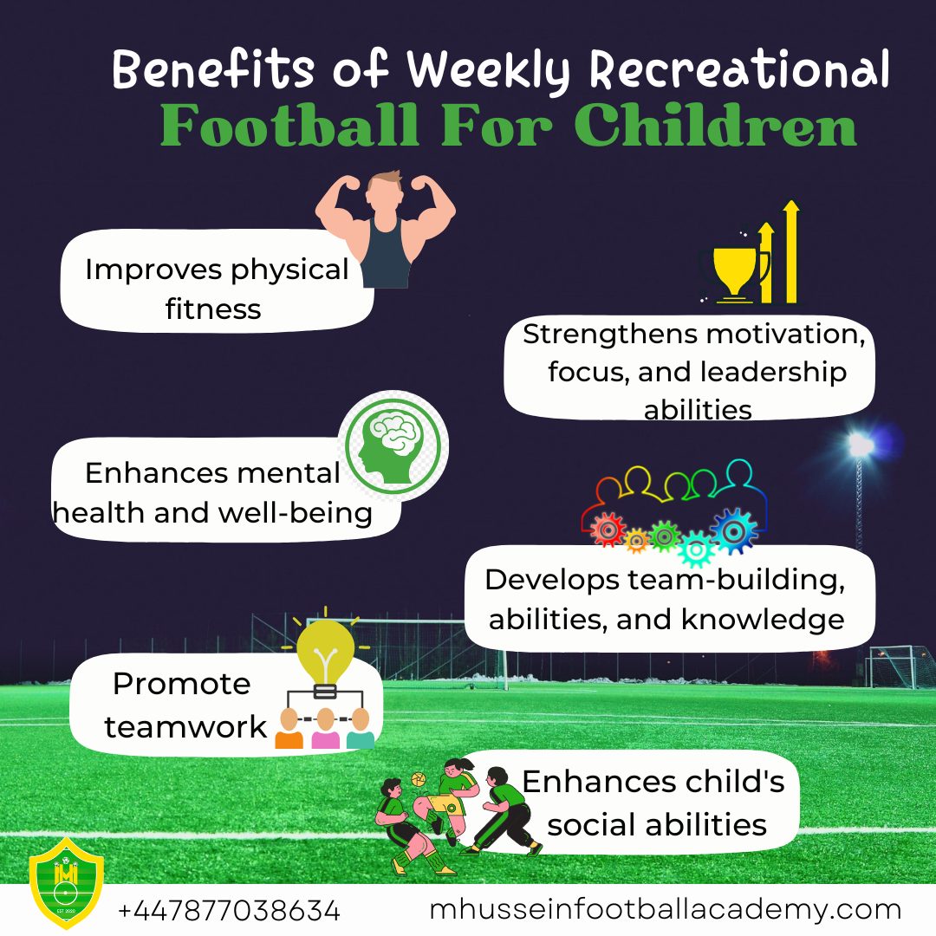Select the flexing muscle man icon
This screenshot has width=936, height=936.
point(385,227)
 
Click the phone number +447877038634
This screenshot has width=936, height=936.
point(229,912)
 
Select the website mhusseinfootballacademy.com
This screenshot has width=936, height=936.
point(665,910)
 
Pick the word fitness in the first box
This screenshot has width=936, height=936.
point(213,309)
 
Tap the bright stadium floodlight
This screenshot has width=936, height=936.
point(861,445)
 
